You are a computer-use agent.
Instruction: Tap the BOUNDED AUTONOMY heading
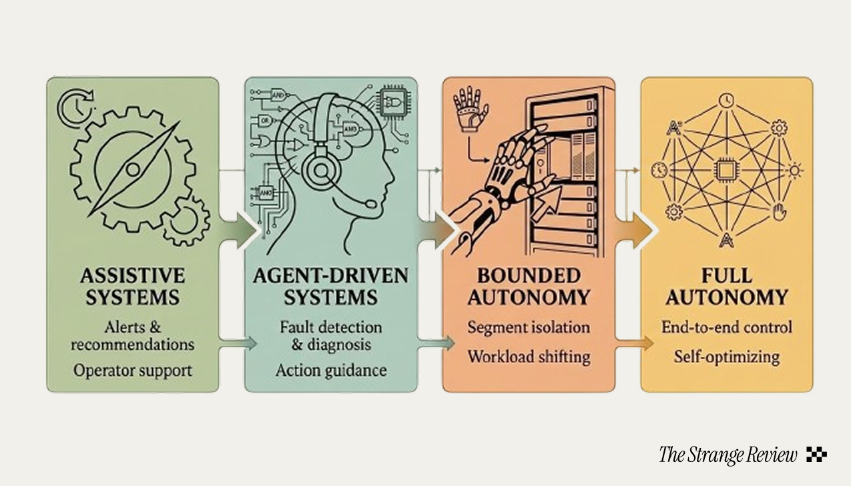529,286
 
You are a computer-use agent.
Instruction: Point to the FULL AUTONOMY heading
727,286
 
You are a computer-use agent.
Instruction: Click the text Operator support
132,369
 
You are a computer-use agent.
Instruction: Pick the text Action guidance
330,369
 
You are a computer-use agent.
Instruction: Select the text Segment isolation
529,328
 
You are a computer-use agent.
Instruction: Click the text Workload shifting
529,356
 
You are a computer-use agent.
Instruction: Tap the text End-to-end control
727,327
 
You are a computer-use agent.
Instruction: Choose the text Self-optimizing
727,356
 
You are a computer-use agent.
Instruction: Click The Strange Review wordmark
728,455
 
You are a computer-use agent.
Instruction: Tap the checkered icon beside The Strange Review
816,455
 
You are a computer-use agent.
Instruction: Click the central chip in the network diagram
726,170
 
